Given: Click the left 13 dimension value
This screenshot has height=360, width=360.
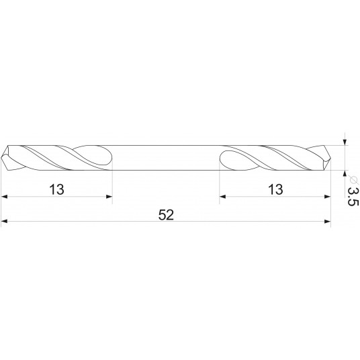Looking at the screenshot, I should click(x=56, y=189).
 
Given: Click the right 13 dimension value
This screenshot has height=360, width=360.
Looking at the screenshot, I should click(x=274, y=189).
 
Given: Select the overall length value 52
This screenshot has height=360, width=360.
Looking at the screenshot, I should click(x=167, y=215).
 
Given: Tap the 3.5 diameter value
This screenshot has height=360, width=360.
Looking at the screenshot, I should click(x=351, y=195).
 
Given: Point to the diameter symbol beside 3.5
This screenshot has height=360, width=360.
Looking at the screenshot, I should click(x=351, y=178).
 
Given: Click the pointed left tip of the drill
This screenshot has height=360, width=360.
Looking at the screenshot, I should click(x=3, y=158).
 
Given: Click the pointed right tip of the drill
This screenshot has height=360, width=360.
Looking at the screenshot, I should click(x=331, y=158).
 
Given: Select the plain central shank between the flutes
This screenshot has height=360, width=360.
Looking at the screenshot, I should click(x=166, y=158).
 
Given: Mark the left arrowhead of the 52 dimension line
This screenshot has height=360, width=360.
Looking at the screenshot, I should click(x=5, y=221).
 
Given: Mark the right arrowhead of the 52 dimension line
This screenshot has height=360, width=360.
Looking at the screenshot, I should click(x=328, y=221).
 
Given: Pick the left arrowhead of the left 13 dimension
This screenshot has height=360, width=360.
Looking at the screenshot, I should click(x=5, y=196).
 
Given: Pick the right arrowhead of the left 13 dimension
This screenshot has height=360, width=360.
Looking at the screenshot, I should click(x=108, y=196).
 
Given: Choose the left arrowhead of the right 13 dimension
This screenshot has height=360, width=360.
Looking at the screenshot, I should click(x=223, y=196).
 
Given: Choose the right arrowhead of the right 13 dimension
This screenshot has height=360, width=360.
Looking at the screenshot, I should click(x=328, y=196).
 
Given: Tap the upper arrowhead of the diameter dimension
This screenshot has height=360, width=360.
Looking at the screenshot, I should click(x=345, y=141).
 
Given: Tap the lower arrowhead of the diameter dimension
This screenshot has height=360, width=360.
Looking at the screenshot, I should click(x=345, y=175).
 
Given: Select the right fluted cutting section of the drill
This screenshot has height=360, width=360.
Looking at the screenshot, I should click(x=275, y=158).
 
